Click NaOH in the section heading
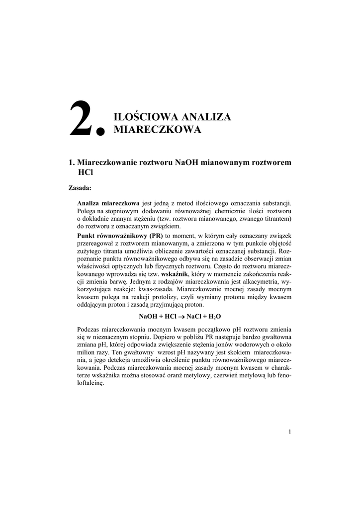point(188,163)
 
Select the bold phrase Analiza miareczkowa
point(108,203)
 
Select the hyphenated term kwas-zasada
point(181,291)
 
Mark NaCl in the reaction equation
point(195,317)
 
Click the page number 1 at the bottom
point(289,431)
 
